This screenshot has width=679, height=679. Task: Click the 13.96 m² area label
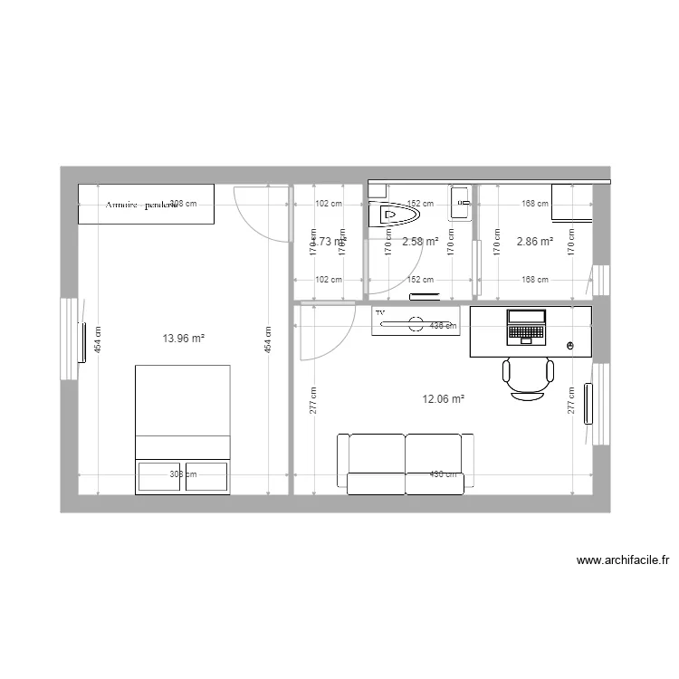(184, 339)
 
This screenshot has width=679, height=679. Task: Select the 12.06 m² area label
(444, 398)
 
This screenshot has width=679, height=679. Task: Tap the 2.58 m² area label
(420, 242)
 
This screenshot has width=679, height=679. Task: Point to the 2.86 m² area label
(534, 242)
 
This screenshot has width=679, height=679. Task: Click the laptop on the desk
(526, 327)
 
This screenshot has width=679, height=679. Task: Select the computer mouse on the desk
(570, 346)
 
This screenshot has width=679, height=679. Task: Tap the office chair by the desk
(528, 377)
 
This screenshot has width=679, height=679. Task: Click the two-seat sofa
(405, 463)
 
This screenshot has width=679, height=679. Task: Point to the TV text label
(380, 312)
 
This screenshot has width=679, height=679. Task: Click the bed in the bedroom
(182, 429)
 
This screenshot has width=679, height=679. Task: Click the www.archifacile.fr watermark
(622, 561)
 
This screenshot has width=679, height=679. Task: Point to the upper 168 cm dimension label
(536, 204)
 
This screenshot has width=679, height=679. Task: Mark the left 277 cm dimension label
(312, 399)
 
